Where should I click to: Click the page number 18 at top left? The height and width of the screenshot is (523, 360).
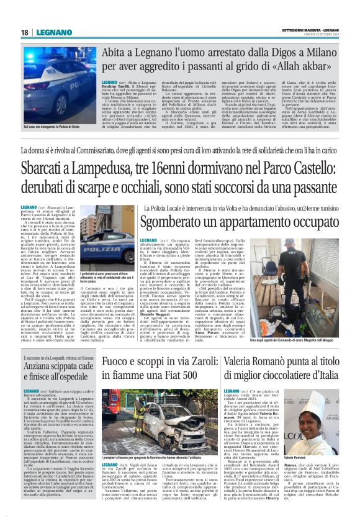(24, 32)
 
